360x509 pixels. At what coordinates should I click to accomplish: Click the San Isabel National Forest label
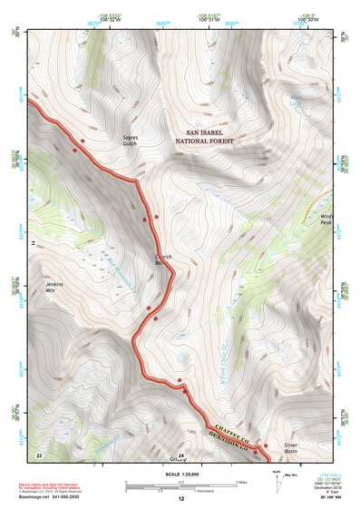[207, 138]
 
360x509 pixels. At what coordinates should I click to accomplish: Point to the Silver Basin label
[291, 449]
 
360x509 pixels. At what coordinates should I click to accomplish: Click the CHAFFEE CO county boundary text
[233, 426]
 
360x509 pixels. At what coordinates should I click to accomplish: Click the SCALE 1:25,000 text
[180, 473]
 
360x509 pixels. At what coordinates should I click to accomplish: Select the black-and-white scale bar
[180, 485]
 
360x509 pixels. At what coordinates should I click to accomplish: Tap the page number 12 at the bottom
[180, 500]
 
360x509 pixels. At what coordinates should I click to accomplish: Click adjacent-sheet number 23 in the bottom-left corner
[39, 454]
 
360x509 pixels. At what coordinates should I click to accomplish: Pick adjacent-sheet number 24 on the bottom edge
[180, 454]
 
